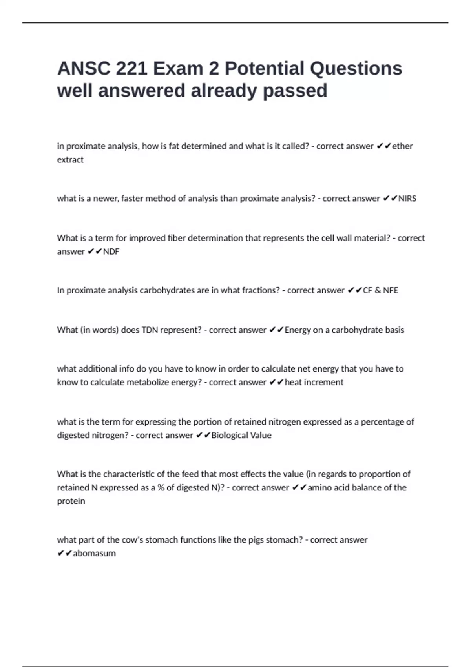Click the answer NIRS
pos(407,199)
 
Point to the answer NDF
pos(111,251)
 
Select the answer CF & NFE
pos(380,290)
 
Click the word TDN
pos(150,330)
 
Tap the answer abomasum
pos(94,553)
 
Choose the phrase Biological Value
pos(241,435)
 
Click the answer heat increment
pos(314,382)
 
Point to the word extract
pos(70,160)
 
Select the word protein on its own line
pos(71,501)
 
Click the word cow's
pos(133,540)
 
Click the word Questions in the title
pos(356,69)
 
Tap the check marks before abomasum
pos(64,553)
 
